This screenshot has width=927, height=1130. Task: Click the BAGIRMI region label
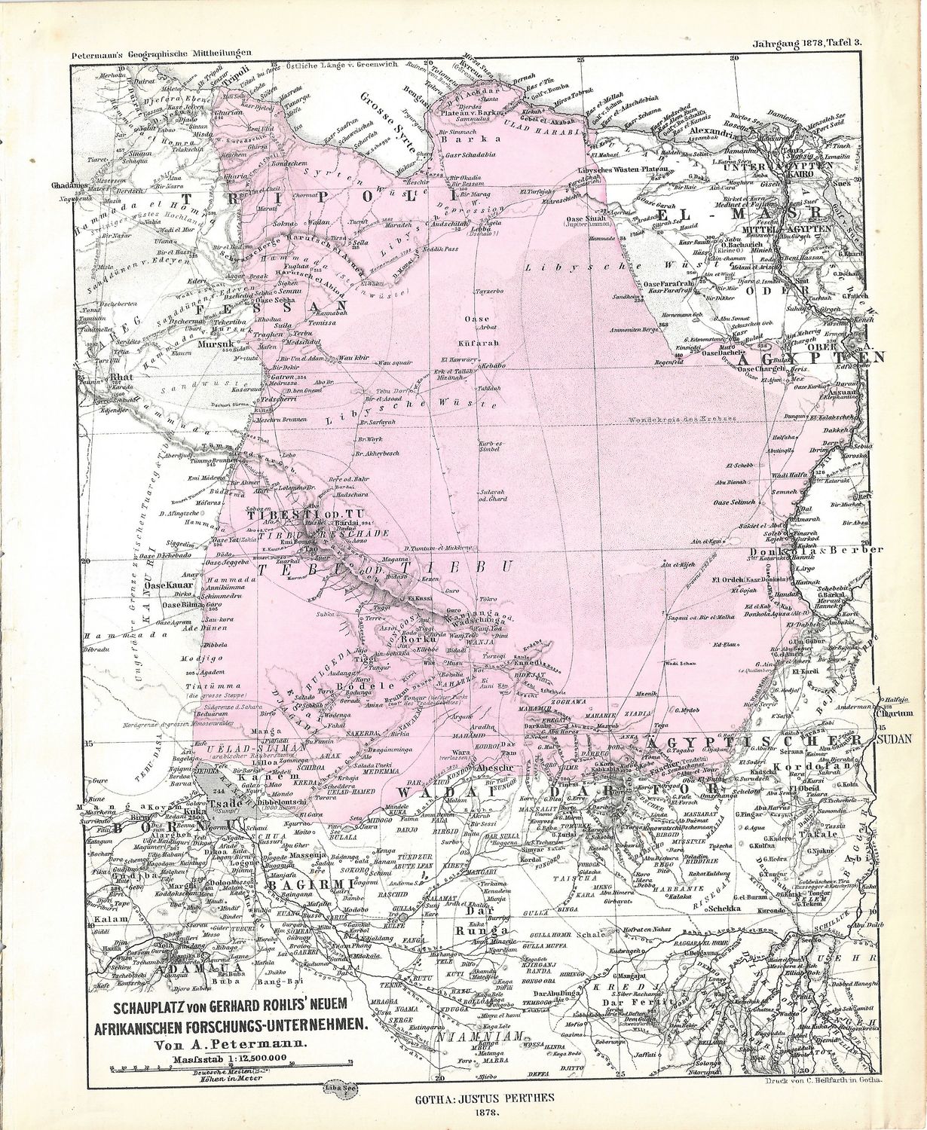pyautogui.click(x=301, y=887)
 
